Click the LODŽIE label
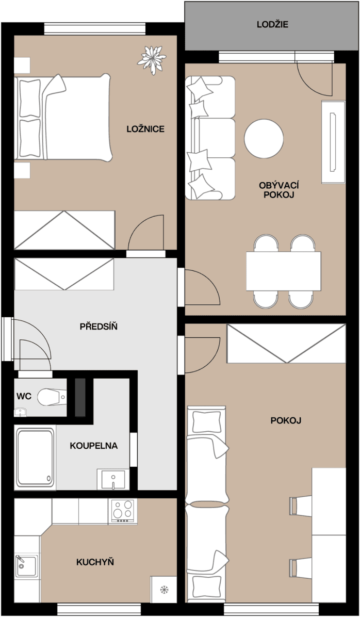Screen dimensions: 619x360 [x=273, y=24]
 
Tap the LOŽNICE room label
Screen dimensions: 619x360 [x=145, y=129]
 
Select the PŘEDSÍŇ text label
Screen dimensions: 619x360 [x=99, y=327]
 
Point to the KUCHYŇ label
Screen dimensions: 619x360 [x=95, y=562]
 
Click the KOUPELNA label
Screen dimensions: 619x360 [x=93, y=445]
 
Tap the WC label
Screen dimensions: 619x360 [x=24, y=396]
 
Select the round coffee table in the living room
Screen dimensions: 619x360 [x=264, y=139]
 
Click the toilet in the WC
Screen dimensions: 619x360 [x=52, y=396]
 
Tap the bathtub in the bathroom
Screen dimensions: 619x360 [x=35, y=458]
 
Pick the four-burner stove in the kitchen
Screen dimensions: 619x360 [x=123, y=511]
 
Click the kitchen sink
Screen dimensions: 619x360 [x=26, y=566]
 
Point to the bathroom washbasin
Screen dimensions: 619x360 [x=111, y=479]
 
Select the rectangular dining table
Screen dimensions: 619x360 [x=283, y=271]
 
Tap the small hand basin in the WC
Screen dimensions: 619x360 [x=20, y=412]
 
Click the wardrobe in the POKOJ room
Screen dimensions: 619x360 [x=286, y=343]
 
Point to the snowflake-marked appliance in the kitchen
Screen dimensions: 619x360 [x=163, y=589]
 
